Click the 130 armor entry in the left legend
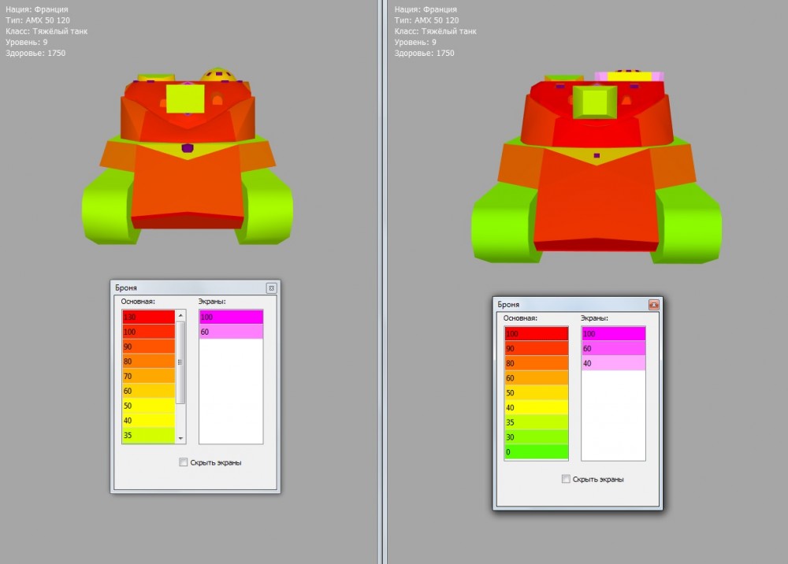pos(148,317)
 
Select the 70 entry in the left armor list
pos(148,377)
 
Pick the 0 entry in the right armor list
pos(536,452)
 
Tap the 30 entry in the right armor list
pos(536,437)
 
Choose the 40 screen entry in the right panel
pos(613,363)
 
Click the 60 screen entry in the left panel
pos(231,332)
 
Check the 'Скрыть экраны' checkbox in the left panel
pos(184,462)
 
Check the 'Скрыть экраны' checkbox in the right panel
pos(566,479)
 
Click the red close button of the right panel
pos(653,305)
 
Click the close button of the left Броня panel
pos(271,288)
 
